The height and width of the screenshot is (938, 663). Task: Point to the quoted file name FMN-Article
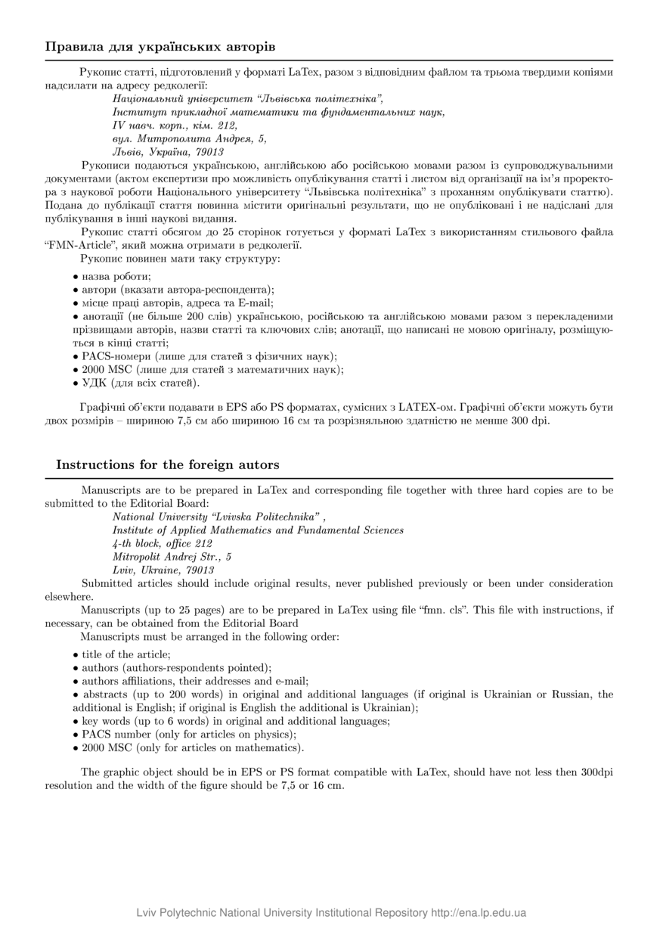(x=78, y=245)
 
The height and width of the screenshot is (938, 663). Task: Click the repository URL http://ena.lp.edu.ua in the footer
(x=478, y=912)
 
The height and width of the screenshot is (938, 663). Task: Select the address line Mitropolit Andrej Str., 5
(x=172, y=557)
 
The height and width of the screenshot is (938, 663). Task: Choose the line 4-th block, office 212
(x=162, y=543)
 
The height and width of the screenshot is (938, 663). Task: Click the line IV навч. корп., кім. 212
(x=175, y=125)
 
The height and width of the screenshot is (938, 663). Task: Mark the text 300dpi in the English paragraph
(x=596, y=772)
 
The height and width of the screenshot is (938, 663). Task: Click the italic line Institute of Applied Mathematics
(x=257, y=530)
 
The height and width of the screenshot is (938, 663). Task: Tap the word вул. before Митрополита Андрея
(x=123, y=138)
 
